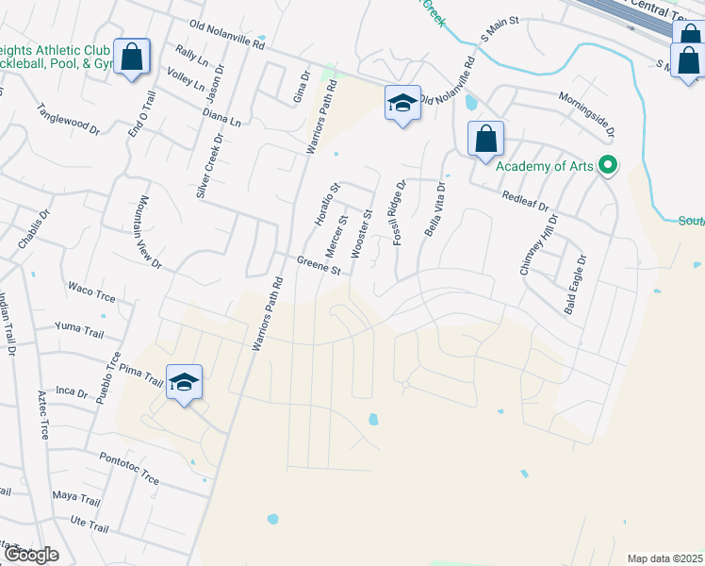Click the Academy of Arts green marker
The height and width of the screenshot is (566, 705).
pos(608,166)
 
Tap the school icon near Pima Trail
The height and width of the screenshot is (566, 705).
pos(185,382)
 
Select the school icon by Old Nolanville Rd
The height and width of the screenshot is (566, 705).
pos(402,103)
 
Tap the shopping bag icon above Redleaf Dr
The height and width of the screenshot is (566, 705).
pos(485,139)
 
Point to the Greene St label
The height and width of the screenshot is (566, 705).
pos(319,266)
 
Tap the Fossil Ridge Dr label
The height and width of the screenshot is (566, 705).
pos(400,213)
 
